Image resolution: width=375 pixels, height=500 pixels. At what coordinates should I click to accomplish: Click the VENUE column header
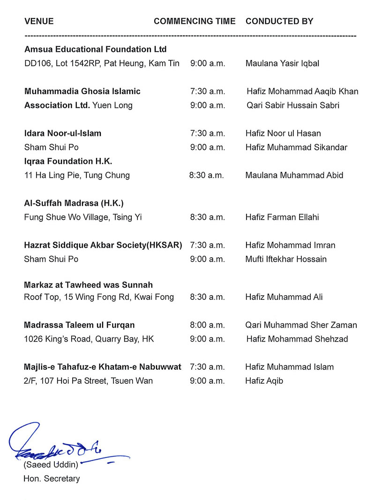click(39, 22)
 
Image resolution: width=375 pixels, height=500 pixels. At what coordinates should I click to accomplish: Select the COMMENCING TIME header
click(195, 22)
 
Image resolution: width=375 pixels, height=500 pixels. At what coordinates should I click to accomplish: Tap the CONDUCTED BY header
click(279, 22)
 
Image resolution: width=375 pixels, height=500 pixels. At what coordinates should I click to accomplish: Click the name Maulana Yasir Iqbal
click(282, 63)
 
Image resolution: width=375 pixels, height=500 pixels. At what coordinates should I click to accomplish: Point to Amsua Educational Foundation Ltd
click(96, 49)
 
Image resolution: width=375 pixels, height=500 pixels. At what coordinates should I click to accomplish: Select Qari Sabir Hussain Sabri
click(293, 105)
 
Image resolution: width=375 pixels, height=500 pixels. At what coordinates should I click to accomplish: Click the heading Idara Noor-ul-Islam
click(63, 134)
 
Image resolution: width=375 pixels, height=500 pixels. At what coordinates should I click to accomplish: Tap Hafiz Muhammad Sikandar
click(296, 148)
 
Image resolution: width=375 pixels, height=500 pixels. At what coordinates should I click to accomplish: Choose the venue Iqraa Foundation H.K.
click(68, 161)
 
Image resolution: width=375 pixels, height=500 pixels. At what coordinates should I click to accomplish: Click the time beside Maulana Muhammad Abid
click(206, 176)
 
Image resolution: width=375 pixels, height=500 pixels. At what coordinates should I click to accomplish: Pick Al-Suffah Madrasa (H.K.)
click(74, 203)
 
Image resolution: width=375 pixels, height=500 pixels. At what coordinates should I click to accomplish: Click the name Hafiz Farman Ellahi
click(283, 217)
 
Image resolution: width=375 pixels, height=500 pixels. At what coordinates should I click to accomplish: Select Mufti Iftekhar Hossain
click(286, 259)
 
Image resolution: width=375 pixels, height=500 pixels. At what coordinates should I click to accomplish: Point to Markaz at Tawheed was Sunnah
click(89, 285)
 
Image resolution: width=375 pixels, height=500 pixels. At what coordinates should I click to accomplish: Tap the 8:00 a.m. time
click(208, 325)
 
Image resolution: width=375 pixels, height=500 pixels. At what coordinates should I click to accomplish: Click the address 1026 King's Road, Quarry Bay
click(89, 339)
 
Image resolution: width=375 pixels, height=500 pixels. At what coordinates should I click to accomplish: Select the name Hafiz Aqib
click(264, 381)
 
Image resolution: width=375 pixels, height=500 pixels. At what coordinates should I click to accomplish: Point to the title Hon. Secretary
click(52, 479)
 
